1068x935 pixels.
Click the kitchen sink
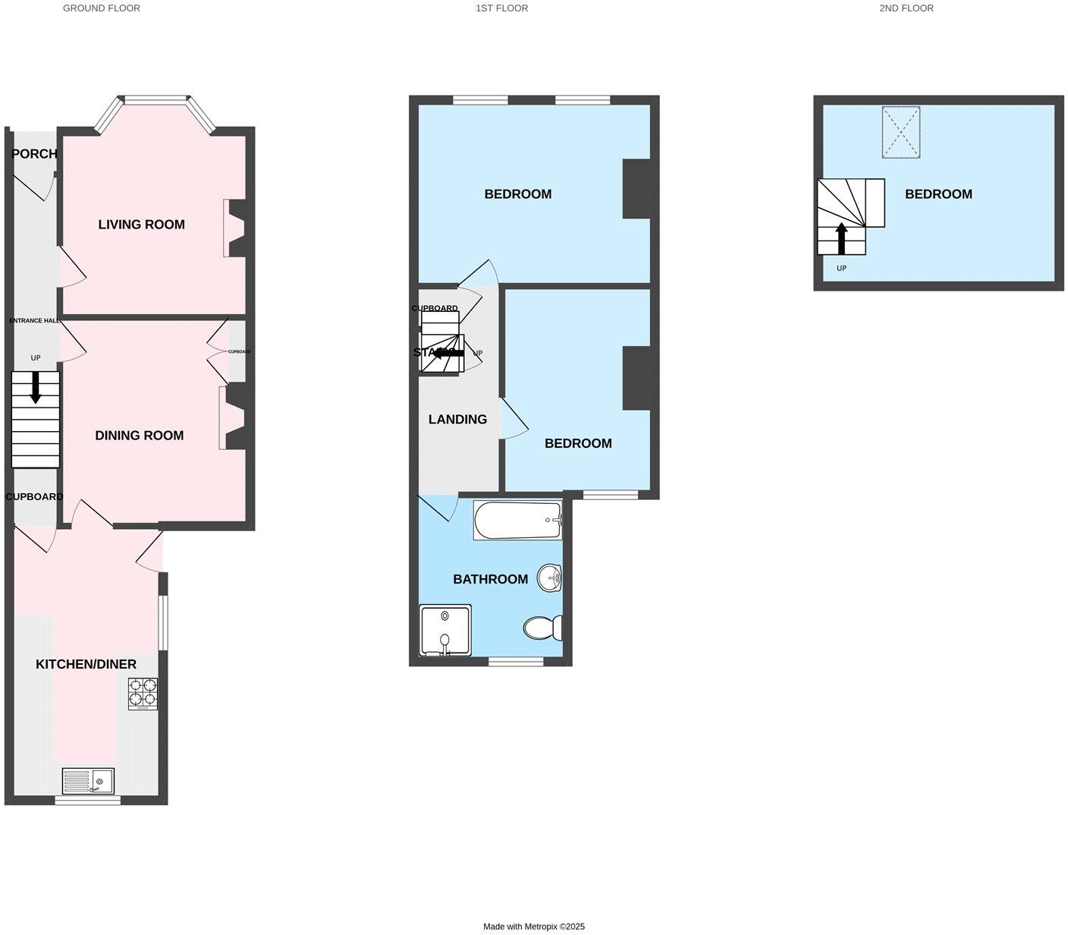88,781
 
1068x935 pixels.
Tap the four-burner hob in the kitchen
143,694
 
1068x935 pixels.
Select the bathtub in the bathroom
518,520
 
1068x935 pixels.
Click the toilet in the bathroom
542,628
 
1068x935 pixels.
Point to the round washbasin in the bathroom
550,578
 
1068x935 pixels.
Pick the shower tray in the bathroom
445,631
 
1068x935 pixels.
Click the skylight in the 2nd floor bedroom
901,133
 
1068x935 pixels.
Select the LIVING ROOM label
141,225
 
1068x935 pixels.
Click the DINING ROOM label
139,436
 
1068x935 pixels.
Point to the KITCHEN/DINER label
86,665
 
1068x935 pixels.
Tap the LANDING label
457,420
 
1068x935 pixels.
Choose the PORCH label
34,154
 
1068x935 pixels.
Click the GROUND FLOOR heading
101,8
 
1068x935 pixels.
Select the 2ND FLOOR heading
906,8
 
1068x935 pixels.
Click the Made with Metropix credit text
534,927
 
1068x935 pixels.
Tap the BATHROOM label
490,580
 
